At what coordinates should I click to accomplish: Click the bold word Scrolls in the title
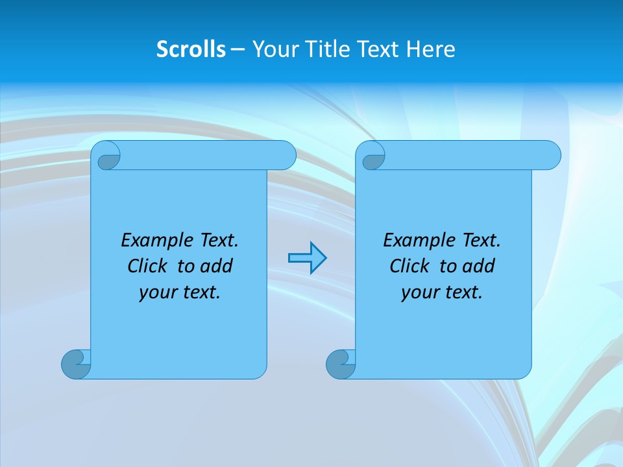[x=191, y=49]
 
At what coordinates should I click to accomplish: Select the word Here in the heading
[x=431, y=49]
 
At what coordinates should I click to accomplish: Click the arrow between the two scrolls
[x=307, y=258]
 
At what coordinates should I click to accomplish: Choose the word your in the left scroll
[x=157, y=293]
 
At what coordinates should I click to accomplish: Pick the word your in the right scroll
[x=419, y=293]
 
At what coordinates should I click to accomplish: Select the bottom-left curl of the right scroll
[x=339, y=363]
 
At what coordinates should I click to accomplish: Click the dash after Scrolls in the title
[x=238, y=49]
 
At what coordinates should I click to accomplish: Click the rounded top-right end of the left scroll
[x=286, y=155]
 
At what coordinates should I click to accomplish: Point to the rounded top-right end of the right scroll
[x=550, y=155]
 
